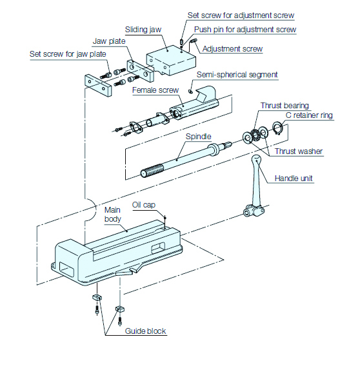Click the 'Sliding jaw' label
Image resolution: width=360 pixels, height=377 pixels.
pyautogui.click(x=143, y=30)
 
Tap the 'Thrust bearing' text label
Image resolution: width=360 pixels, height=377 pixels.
pyautogui.click(x=285, y=106)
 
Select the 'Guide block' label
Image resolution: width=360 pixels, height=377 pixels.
pyautogui.click(x=145, y=331)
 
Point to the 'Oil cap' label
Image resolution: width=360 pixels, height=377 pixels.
pyautogui.click(x=144, y=205)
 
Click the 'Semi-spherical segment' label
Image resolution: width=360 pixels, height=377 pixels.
pyautogui.click(x=237, y=75)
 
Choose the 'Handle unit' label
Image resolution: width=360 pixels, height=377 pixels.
pyautogui.click(x=294, y=179)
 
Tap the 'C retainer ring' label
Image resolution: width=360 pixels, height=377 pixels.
pyautogui.click(x=309, y=115)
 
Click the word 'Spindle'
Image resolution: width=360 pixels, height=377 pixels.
pyautogui.click(x=198, y=137)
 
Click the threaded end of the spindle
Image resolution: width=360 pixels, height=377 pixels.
pyautogui.click(x=152, y=170)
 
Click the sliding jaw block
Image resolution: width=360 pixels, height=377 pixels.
pyautogui.click(x=171, y=61)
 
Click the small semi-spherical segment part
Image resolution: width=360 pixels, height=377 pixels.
pyautogui.click(x=190, y=91)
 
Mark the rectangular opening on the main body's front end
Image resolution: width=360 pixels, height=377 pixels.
pyautogui.click(x=66, y=270)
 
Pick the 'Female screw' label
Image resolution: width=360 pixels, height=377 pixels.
pyautogui.click(x=155, y=90)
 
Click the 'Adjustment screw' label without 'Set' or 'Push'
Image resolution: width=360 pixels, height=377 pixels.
pyautogui.click(x=232, y=49)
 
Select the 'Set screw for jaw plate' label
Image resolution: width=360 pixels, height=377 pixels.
pyautogui.click(x=68, y=54)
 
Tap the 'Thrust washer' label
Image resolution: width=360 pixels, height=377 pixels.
pyautogui.click(x=299, y=151)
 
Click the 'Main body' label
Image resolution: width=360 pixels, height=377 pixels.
pyautogui.click(x=113, y=215)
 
